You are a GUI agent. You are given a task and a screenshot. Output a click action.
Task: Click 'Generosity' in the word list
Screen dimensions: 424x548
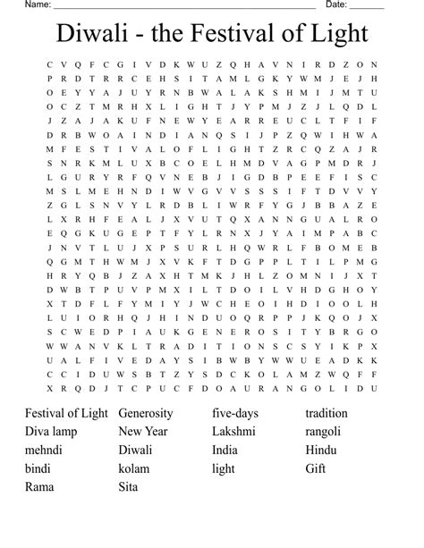[x=152, y=413]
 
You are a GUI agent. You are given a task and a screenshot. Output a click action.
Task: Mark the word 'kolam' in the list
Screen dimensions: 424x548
[x=134, y=468]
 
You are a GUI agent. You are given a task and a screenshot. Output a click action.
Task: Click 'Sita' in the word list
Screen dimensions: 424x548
[x=129, y=487]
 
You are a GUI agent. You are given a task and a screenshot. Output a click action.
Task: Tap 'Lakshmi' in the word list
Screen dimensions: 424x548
[x=234, y=432]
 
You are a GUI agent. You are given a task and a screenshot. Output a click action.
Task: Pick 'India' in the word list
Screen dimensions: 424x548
[x=225, y=450]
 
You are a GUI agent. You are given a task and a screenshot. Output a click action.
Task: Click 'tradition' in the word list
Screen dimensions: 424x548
[x=326, y=413]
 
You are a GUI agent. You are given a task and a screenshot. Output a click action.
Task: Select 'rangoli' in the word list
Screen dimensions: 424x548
[x=323, y=432]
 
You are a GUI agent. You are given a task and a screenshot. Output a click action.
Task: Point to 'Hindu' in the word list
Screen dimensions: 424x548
[x=321, y=450]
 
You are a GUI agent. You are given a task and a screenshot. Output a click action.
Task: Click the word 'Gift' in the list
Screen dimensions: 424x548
[x=315, y=468]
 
